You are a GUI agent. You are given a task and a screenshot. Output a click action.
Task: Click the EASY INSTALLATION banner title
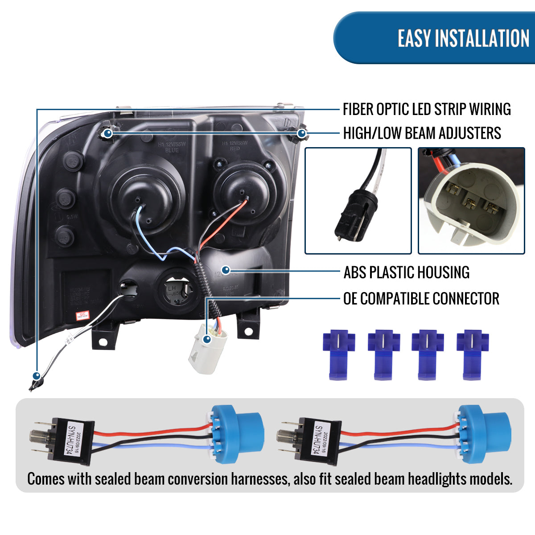point(463,38)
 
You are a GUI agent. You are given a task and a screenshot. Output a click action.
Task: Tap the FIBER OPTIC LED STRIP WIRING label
point(427,109)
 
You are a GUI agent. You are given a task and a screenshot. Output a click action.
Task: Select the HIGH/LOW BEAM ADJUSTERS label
point(422,133)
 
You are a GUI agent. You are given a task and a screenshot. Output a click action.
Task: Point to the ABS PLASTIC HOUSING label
point(406,272)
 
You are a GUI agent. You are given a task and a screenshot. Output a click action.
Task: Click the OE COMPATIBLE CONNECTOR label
point(421,299)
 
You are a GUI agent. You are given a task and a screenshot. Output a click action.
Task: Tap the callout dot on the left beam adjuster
point(107,132)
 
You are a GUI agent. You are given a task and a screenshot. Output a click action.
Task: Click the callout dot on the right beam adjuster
point(302,133)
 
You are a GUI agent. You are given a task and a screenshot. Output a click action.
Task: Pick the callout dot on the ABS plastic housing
point(226,270)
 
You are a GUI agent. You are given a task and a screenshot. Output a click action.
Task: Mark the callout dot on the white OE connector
point(206,339)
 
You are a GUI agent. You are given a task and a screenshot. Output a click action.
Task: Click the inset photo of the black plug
point(358,201)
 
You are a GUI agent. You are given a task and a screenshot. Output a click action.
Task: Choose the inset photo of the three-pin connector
point(471,201)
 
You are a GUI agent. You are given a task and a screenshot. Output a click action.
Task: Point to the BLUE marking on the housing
point(172,150)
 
